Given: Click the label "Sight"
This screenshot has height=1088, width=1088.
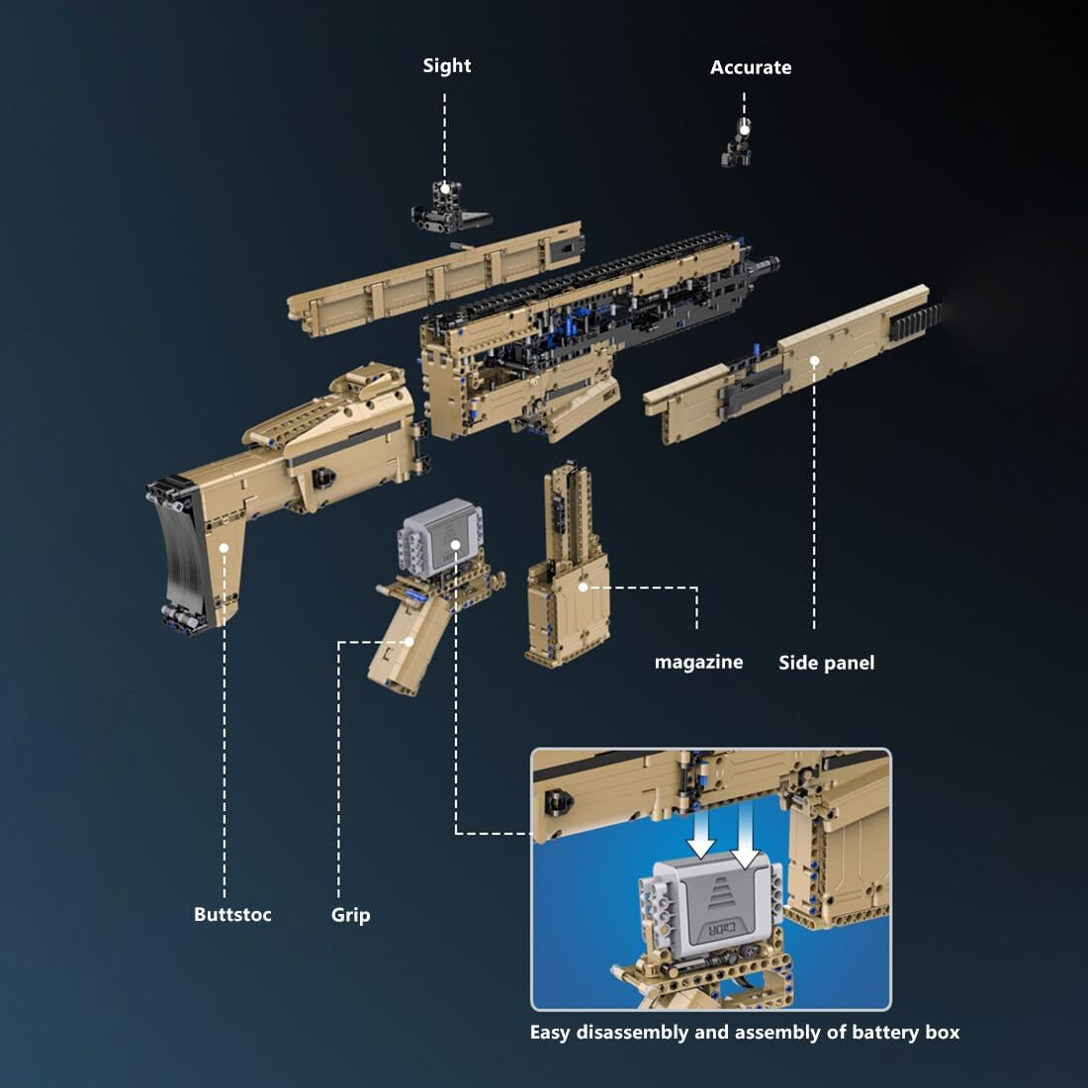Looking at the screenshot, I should (446, 66).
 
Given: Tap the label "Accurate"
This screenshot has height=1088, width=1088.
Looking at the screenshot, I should (751, 68).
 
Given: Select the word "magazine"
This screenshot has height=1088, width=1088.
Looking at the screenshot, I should (698, 663).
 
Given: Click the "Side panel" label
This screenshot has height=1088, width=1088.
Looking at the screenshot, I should (826, 664).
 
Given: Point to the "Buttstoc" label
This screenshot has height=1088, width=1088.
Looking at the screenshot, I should (232, 915).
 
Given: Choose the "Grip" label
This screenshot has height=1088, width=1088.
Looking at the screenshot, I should (350, 915).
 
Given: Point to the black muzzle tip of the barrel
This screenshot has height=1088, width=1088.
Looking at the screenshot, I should (769, 265).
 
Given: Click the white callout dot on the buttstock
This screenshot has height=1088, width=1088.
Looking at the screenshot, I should (225, 546).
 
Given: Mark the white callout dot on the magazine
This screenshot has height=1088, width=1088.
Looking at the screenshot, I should (584, 587).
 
